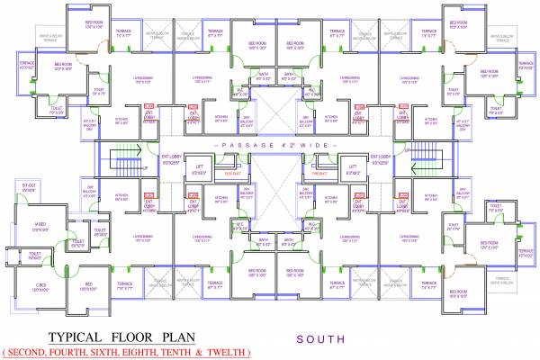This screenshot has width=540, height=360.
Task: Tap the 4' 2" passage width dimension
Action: click(281, 143)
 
